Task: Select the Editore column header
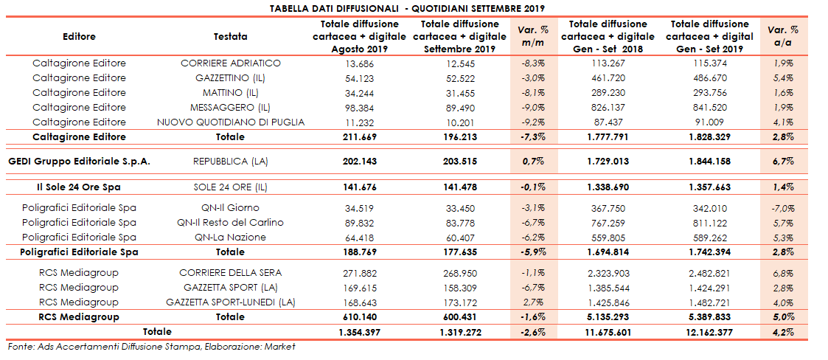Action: [x=79, y=36]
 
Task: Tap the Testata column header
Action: [x=231, y=36]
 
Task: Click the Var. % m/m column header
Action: [x=533, y=36]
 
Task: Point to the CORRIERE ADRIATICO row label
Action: [x=231, y=63]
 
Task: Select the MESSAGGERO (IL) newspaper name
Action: [x=231, y=108]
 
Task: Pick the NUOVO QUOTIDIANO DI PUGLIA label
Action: [x=231, y=122]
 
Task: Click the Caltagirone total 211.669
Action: [x=360, y=137]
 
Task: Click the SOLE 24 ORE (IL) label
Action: [x=231, y=187]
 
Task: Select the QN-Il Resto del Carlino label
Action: [x=231, y=223]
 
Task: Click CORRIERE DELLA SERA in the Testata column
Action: [x=231, y=273]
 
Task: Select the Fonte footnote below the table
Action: [x=151, y=347]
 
